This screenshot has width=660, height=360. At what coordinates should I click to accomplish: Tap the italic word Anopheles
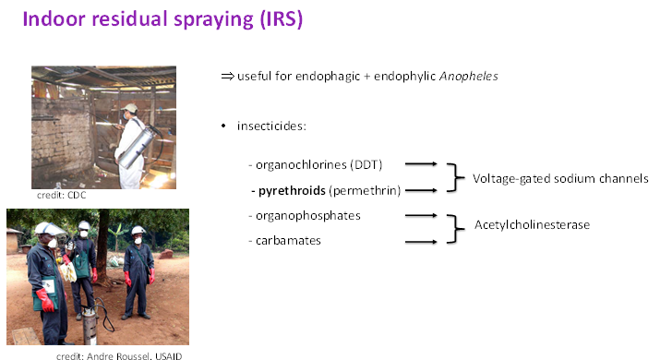point(472,77)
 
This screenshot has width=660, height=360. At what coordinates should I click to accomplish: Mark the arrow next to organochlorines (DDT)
point(420,164)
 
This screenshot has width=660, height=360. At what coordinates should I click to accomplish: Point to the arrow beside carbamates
point(420,242)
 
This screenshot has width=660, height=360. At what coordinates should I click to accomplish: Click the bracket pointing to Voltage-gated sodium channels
point(452,177)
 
